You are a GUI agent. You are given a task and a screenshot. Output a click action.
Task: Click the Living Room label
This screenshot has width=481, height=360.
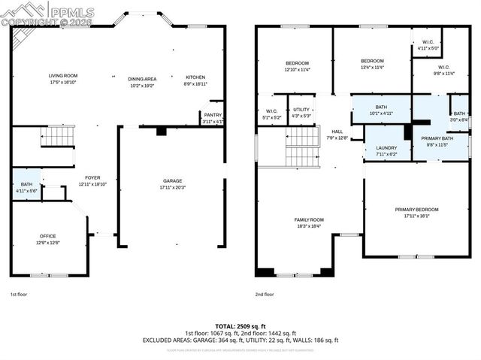click(63, 76)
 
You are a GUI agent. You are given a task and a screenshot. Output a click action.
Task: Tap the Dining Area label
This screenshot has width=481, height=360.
click(141, 78)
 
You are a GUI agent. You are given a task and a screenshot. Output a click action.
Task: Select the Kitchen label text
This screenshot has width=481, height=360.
click(195, 78)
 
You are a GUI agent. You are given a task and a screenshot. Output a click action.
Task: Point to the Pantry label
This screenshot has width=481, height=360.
click(213, 115)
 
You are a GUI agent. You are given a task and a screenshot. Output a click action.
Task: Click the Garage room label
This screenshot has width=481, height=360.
click(173, 181)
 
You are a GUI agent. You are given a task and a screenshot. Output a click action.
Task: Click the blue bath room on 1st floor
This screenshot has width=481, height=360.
click(26, 185)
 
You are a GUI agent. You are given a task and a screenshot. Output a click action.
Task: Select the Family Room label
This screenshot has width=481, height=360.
click(310, 219)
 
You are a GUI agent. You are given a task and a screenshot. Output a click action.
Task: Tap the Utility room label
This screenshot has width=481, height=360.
click(301, 110)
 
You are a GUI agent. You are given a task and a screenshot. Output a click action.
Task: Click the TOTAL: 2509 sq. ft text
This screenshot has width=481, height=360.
click(240, 326)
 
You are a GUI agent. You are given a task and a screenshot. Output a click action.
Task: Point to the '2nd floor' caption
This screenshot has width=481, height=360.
click(264, 295)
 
